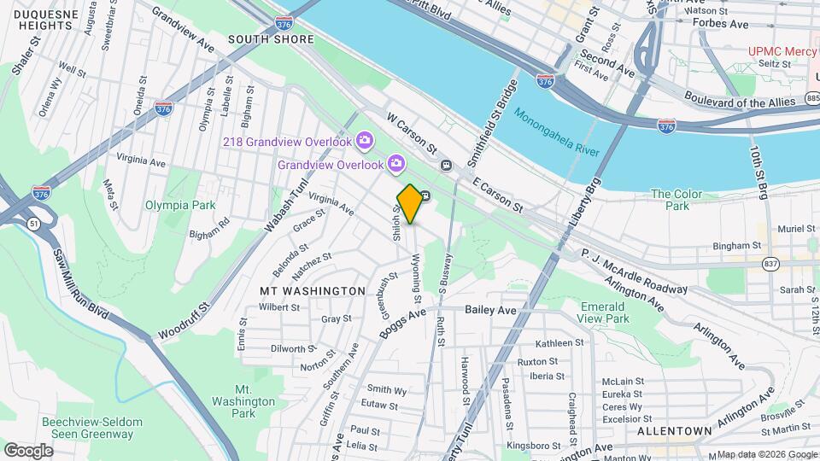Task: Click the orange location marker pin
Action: point(410,203)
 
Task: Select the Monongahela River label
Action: point(556,131)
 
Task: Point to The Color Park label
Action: point(676,200)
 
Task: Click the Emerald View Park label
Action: point(605,312)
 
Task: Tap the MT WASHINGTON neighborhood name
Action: point(313,291)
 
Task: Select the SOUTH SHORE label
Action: point(271,39)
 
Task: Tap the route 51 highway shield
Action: point(32,223)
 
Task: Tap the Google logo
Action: point(28,450)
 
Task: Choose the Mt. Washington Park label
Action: point(244,401)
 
